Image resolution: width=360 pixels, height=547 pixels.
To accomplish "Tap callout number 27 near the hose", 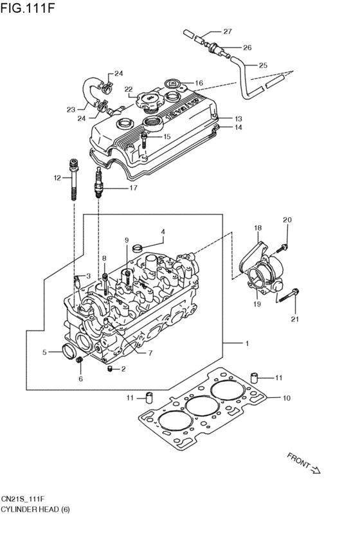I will [x=227, y=31].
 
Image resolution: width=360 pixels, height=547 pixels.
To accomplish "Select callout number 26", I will [x=247, y=47].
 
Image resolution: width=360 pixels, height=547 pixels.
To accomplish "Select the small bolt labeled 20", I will [x=283, y=247].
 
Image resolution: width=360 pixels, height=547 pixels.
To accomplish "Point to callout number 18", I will [x=258, y=228].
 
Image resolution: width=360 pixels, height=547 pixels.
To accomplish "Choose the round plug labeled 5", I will [x=66, y=350].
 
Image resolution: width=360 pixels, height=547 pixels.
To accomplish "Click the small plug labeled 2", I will [x=110, y=368].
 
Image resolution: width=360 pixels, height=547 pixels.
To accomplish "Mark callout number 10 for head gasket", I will [x=286, y=398].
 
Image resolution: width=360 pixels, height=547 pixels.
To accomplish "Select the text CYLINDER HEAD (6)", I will [x=35, y=509].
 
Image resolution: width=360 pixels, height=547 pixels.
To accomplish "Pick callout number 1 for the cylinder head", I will [x=247, y=343].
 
